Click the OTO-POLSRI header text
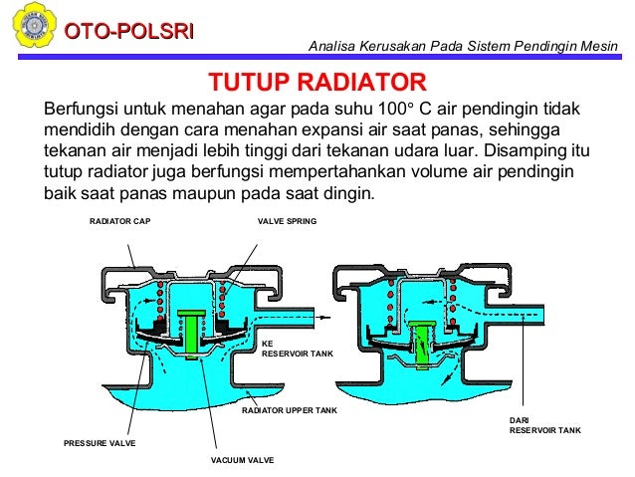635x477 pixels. [x=128, y=32]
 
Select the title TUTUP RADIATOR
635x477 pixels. [x=317, y=82]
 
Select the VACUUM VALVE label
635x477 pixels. [x=242, y=460]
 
